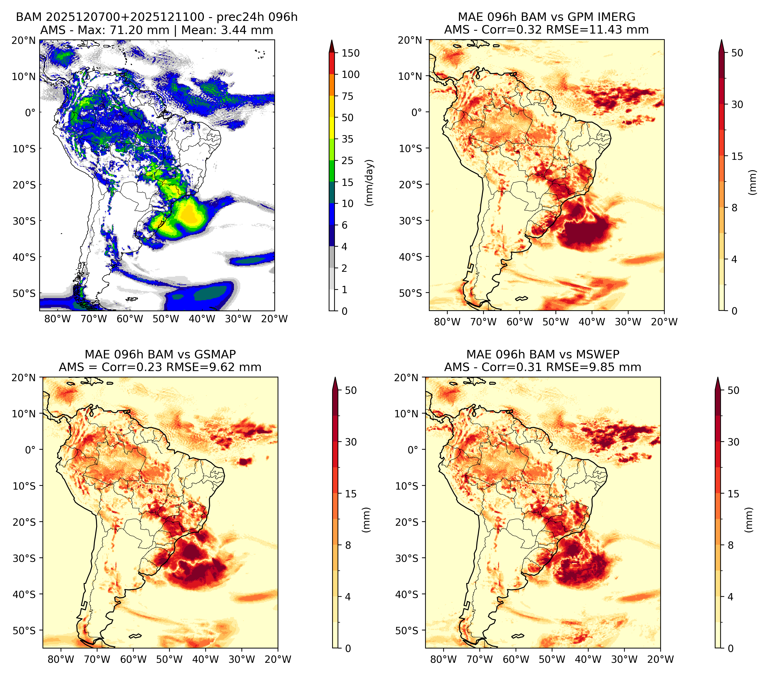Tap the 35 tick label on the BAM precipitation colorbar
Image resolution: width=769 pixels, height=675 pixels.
pos(347,139)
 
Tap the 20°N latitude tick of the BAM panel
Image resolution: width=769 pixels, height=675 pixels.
pos(24,41)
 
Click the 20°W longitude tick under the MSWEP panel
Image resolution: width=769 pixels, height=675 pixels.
pos(660,659)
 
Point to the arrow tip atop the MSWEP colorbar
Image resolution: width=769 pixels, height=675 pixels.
pos(718,378)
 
